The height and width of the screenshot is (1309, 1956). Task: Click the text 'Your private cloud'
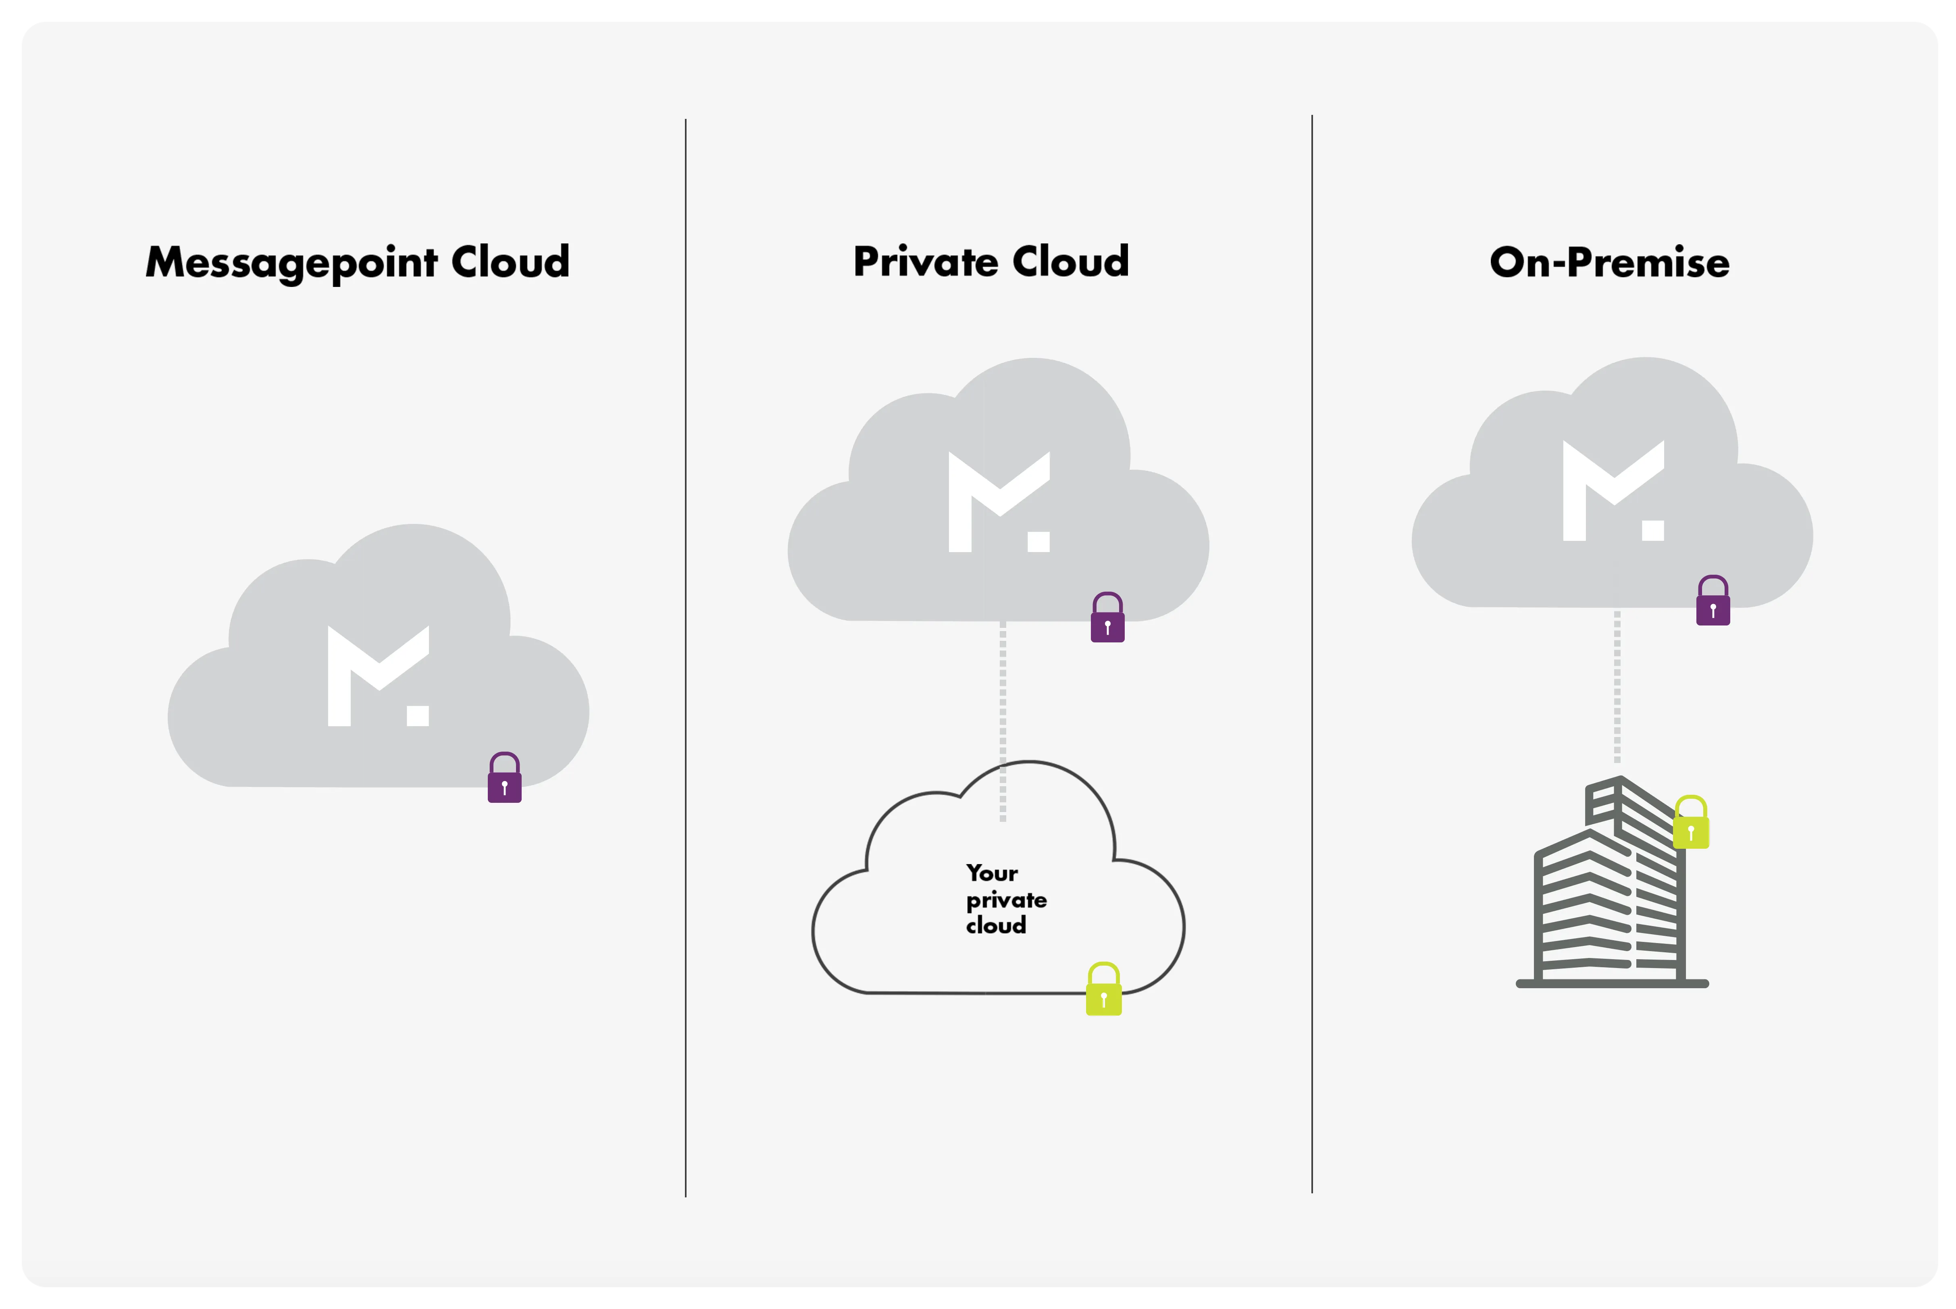point(1005,899)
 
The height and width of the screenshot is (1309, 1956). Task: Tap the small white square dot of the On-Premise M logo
point(1652,530)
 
